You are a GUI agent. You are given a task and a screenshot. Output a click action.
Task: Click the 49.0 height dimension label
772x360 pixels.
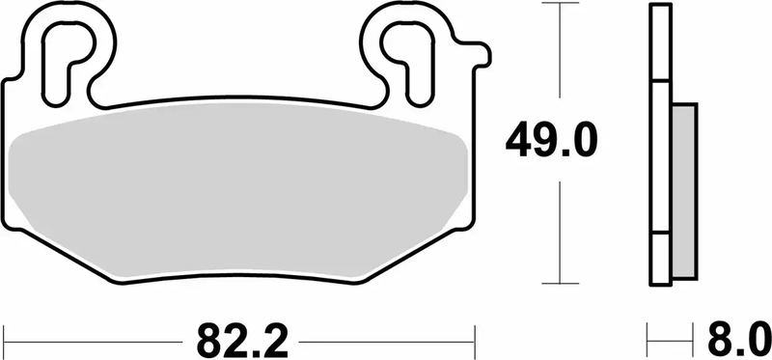(x=552, y=143)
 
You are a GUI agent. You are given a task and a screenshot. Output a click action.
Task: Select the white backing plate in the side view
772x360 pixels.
(x=661, y=145)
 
